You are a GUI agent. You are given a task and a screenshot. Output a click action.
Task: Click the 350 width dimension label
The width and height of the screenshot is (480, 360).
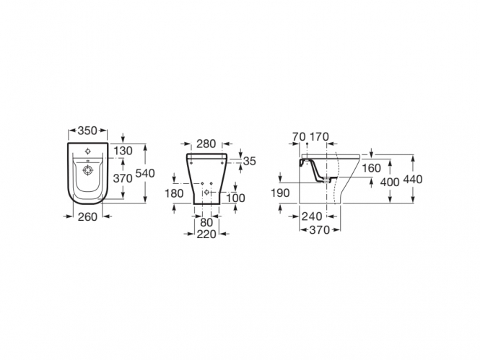[87, 131]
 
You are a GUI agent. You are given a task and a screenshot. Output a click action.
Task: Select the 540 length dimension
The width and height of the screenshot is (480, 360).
[145, 173]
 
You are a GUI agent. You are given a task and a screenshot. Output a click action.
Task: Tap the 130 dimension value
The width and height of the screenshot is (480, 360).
[123, 151]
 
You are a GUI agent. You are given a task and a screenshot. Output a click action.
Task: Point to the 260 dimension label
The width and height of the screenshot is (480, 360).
[87, 217]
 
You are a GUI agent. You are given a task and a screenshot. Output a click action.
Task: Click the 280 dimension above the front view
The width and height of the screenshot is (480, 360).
[206, 144]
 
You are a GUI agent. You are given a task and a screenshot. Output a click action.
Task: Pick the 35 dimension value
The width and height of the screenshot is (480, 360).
[250, 161]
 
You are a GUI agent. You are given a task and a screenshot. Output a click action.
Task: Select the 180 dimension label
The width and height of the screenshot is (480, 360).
[174, 193]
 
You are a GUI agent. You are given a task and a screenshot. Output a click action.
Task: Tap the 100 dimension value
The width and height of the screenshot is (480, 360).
[236, 198]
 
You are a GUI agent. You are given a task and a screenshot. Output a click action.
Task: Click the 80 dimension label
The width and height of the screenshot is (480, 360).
[206, 223]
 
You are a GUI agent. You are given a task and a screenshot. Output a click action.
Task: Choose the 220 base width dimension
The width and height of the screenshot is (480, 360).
[206, 234]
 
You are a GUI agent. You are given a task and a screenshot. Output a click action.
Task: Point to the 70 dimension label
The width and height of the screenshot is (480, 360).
[299, 136]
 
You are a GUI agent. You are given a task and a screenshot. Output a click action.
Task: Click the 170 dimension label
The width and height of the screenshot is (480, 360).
[319, 136]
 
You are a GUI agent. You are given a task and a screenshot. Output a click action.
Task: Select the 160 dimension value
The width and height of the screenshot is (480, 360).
[371, 168]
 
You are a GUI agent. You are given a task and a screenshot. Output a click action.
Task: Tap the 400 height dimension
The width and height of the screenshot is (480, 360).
[390, 183]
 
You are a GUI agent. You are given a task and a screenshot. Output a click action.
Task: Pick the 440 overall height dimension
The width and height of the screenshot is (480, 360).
[413, 179]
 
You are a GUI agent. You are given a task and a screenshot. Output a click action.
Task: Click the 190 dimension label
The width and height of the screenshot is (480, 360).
[280, 193]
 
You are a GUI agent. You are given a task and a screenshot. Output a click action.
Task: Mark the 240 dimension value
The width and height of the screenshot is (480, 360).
[312, 216]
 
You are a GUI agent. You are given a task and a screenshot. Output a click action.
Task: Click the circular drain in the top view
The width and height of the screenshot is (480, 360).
[87, 170]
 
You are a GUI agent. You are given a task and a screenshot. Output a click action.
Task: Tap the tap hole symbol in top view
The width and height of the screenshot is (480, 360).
[87, 151]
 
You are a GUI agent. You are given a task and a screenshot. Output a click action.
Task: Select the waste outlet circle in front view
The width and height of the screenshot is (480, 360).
[207, 192]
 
